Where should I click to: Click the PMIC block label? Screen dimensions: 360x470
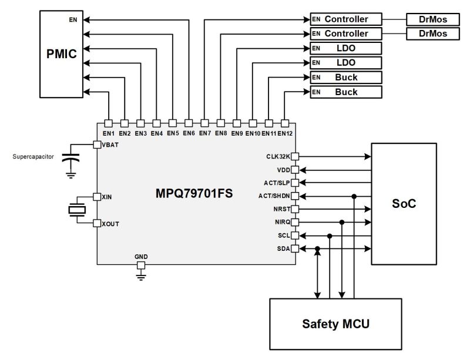(62, 55)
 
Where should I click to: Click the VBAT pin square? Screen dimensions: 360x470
(97, 144)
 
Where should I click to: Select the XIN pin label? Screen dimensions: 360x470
(106, 197)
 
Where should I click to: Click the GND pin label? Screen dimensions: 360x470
(141, 257)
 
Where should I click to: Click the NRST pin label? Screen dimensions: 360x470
(280, 209)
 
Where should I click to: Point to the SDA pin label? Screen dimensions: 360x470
(283, 250)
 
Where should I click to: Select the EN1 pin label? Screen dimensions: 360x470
(108, 133)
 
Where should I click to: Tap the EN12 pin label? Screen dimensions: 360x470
(286, 133)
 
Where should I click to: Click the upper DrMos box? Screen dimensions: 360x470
(433, 19)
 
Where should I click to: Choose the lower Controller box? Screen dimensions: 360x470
(346, 33)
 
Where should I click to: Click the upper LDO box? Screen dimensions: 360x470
(346, 48)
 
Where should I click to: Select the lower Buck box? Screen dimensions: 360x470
(346, 92)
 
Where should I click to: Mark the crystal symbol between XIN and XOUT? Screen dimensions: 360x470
(75, 210)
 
